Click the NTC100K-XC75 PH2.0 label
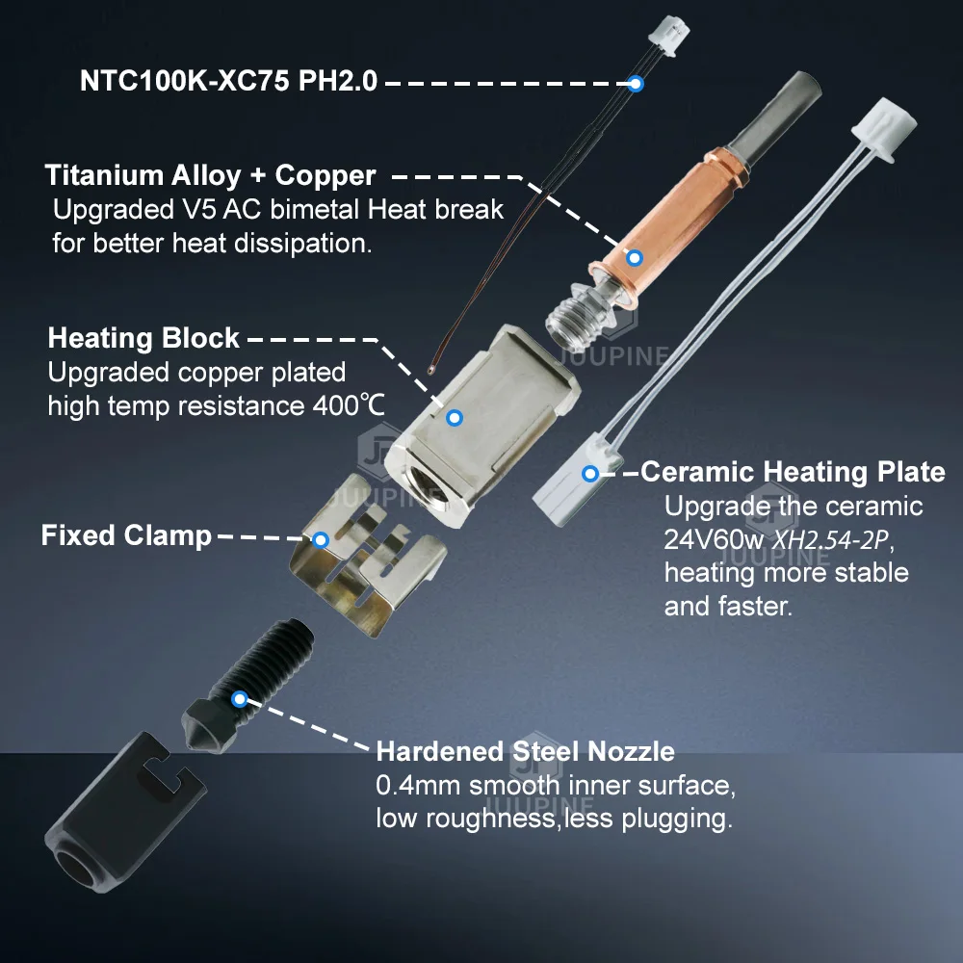click(228, 81)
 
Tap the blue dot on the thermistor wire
click(636, 83)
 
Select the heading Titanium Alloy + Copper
click(210, 175)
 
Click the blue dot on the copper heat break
click(635, 257)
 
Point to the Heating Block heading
click(143, 338)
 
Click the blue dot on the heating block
click(455, 418)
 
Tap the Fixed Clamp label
click(126, 535)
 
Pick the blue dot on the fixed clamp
click(320, 540)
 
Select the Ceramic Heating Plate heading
click(793, 472)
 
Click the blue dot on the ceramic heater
click(590, 474)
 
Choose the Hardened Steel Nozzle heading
click(525, 752)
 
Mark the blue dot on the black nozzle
click(240, 699)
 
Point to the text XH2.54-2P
click(830, 540)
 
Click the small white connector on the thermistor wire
click(669, 30)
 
